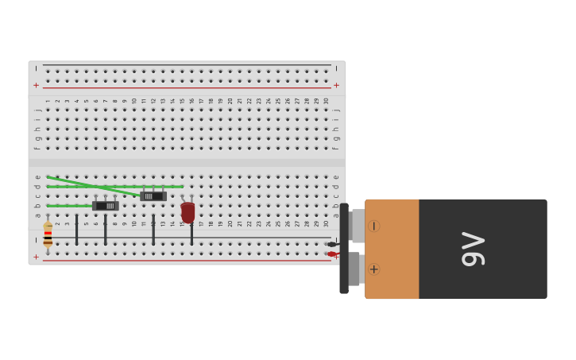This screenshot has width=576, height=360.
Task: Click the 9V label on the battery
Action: point(474,249)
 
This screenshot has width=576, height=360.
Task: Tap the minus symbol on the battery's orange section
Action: point(373,226)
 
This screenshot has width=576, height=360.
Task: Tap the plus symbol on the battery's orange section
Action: point(373,269)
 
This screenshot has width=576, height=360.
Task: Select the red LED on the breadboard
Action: point(187,211)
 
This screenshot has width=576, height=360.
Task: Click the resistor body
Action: point(48,234)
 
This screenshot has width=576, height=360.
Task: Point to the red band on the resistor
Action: point(48,233)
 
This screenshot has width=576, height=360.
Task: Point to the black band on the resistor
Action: point(48,238)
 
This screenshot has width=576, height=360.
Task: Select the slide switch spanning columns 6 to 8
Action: point(106,206)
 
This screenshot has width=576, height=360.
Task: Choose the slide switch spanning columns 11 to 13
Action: point(153,196)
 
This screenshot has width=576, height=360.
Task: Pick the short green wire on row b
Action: point(70,206)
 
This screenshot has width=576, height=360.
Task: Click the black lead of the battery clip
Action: point(332,244)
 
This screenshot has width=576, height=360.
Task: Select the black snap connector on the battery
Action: point(344,248)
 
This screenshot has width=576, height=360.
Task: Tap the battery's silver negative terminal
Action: point(358,226)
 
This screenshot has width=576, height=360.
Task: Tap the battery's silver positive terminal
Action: point(355,269)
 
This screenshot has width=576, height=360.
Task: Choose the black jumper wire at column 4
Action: point(76,230)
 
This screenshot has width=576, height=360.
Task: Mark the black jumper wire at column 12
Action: point(153,230)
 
